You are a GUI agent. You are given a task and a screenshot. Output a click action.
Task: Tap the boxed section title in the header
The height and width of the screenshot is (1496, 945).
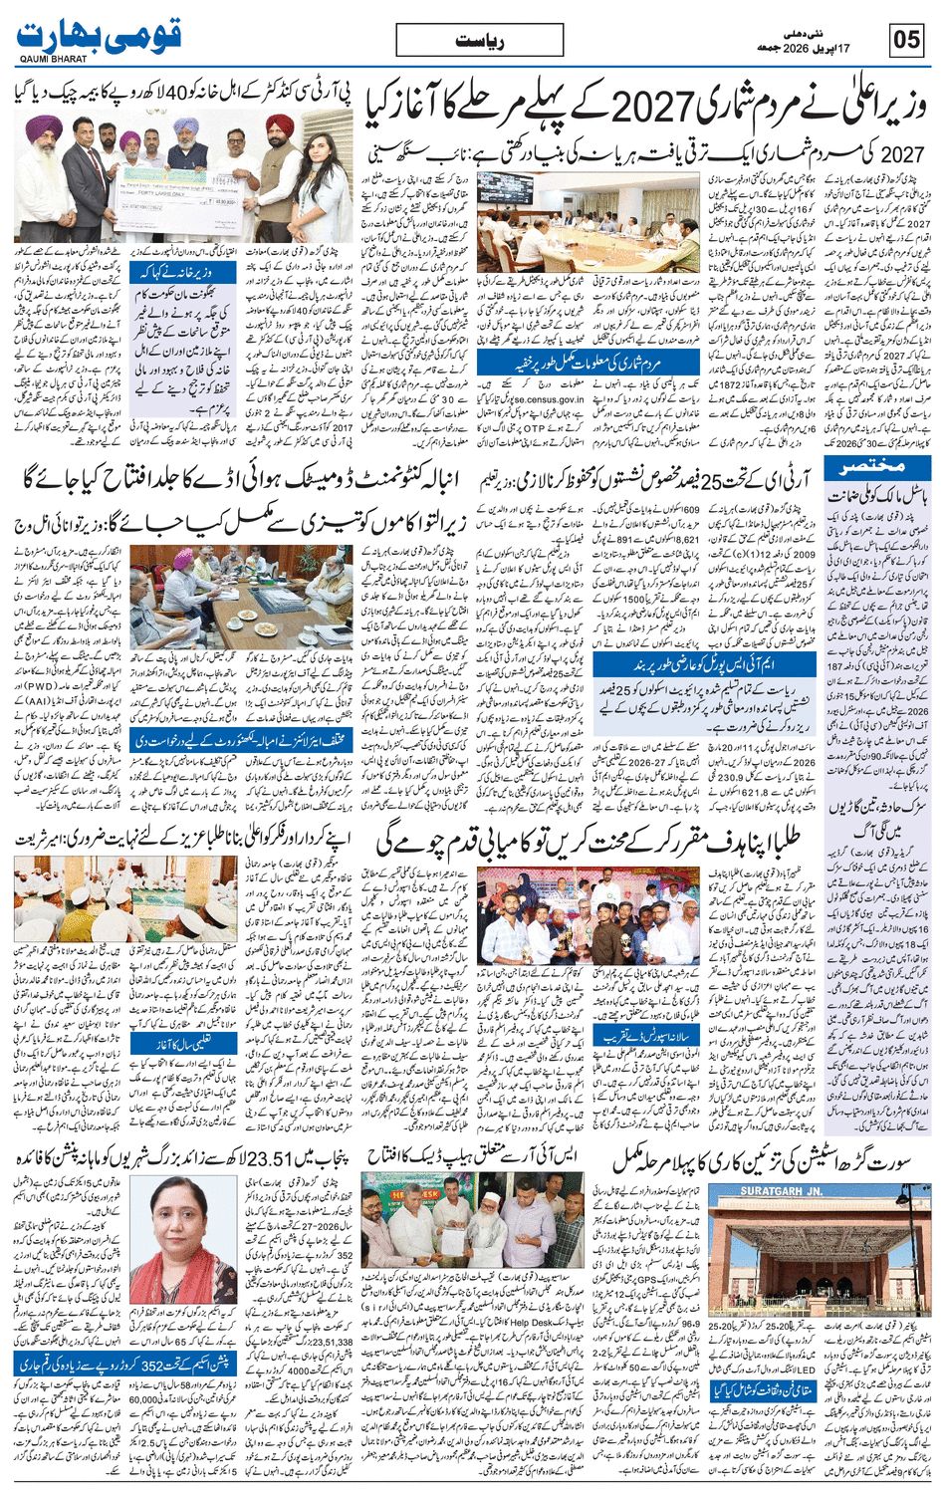pos(479,41)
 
